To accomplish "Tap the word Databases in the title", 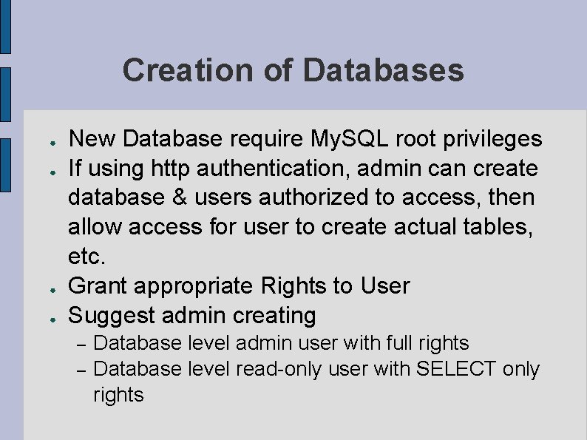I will coord(383,70).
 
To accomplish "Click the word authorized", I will coord(309,198).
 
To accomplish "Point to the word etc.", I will coord(86,257).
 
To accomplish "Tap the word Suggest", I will coord(111,316).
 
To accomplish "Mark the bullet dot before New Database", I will coord(45,141).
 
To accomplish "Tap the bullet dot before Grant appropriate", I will coord(45,288).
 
